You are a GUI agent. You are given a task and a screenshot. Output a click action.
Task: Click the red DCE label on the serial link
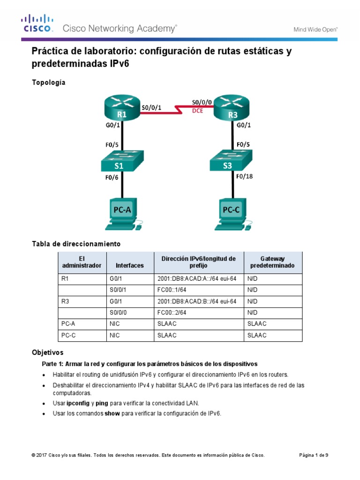click(x=197, y=112)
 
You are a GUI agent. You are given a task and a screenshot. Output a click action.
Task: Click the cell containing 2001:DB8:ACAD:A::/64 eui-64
click(x=197, y=278)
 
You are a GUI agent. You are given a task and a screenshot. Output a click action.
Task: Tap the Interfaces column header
click(x=129, y=265)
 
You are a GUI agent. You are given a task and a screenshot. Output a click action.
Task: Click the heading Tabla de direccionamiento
click(x=76, y=244)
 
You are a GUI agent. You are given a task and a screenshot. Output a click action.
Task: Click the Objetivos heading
click(x=47, y=352)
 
